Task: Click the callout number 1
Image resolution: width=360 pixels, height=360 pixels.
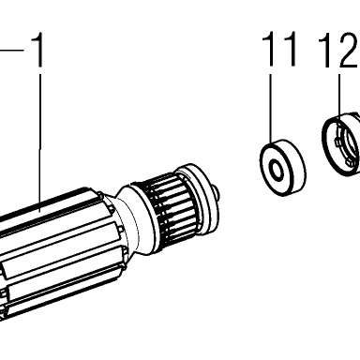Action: (37, 50)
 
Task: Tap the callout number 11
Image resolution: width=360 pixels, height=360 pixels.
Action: (279, 49)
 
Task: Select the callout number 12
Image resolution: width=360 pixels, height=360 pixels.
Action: (337, 50)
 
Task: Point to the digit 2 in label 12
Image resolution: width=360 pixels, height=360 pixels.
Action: (348, 50)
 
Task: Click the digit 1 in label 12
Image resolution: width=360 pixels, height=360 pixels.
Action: (325, 51)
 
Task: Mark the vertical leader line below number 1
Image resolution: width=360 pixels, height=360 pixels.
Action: (39, 142)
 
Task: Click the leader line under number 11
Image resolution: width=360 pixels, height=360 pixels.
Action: (270, 109)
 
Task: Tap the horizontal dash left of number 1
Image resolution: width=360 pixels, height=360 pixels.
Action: (12, 50)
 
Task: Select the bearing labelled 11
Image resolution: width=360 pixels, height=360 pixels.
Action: (283, 168)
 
